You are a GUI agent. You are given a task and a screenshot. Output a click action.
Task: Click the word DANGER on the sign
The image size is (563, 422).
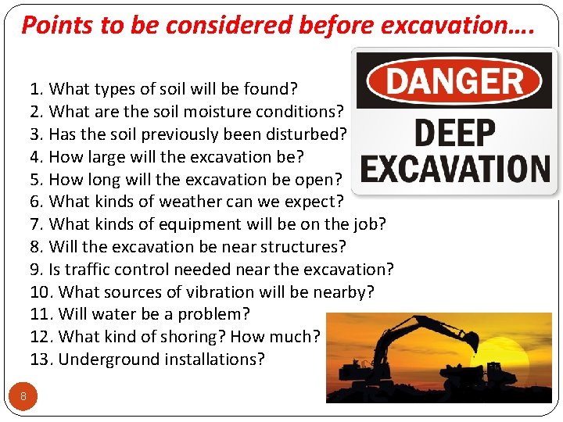coord(454,80)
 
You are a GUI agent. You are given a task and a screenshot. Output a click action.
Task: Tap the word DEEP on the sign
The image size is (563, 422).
coord(454,134)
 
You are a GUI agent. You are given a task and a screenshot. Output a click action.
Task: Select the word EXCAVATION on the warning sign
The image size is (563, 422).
coord(455,168)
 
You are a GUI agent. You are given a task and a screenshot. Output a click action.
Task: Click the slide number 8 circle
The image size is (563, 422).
coord(23,396)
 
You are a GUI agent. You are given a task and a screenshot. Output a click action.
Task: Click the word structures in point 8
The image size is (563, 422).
coord(307,247)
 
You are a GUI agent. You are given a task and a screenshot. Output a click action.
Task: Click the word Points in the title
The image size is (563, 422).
coord(54,26)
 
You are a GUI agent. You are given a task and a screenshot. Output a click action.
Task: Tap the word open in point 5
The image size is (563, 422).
coord(319,179)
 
